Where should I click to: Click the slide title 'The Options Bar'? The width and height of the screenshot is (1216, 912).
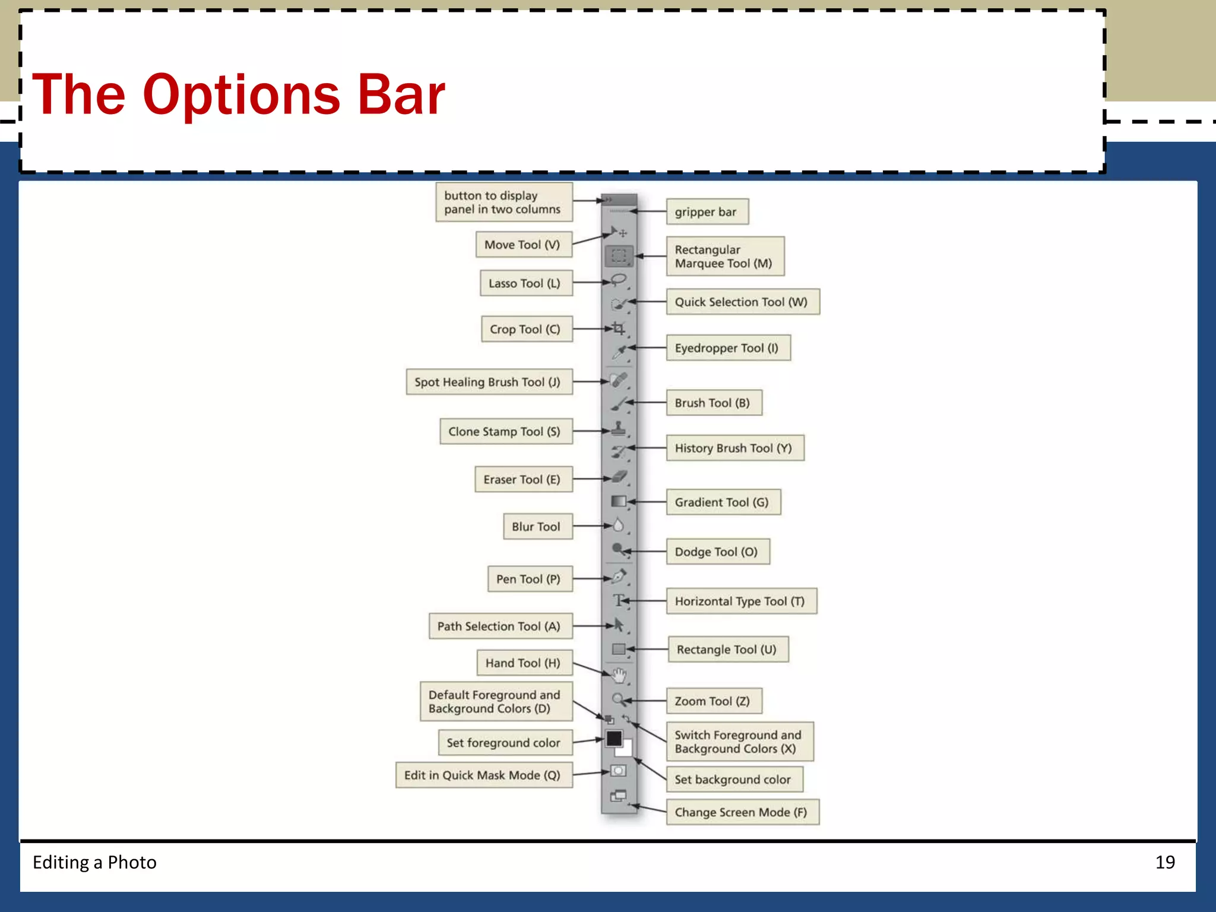239,94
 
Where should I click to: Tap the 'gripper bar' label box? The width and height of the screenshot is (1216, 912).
707,212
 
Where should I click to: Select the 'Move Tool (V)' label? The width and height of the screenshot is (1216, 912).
523,245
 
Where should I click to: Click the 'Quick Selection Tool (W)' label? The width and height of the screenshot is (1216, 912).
742,302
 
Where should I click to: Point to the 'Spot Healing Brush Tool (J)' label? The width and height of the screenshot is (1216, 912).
489,382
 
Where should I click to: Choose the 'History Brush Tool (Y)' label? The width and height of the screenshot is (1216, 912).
734,448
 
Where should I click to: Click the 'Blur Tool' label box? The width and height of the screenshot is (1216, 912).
537,527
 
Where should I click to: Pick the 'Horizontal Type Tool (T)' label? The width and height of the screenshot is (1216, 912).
740,601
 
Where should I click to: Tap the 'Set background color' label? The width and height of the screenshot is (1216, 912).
734,780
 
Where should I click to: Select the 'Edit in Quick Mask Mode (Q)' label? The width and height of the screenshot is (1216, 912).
483,775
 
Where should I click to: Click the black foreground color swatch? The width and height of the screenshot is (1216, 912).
614,739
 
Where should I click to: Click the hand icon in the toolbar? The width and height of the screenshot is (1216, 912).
619,675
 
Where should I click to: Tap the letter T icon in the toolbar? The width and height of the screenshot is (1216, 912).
619,601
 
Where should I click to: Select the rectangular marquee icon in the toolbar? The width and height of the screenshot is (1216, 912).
619,256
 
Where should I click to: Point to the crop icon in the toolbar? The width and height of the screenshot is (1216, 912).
619,328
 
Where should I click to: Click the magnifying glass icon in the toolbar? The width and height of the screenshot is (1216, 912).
618,699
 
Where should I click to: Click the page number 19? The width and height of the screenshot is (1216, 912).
1165,862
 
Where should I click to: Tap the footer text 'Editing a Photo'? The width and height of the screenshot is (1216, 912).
94,862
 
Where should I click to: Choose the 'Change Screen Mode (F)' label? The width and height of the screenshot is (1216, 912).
742,812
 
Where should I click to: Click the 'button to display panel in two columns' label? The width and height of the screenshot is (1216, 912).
503,202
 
